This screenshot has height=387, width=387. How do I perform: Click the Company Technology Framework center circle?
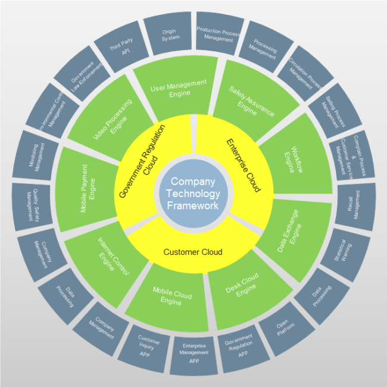click(x=193, y=193)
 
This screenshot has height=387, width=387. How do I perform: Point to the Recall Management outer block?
click(x=355, y=205)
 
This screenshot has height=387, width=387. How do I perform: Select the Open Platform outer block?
click(x=285, y=330)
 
